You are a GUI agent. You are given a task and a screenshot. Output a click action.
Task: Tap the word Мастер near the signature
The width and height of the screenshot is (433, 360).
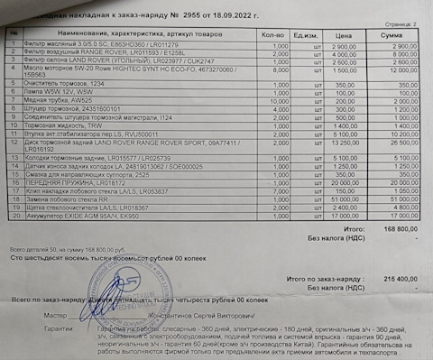tap(56, 315)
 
